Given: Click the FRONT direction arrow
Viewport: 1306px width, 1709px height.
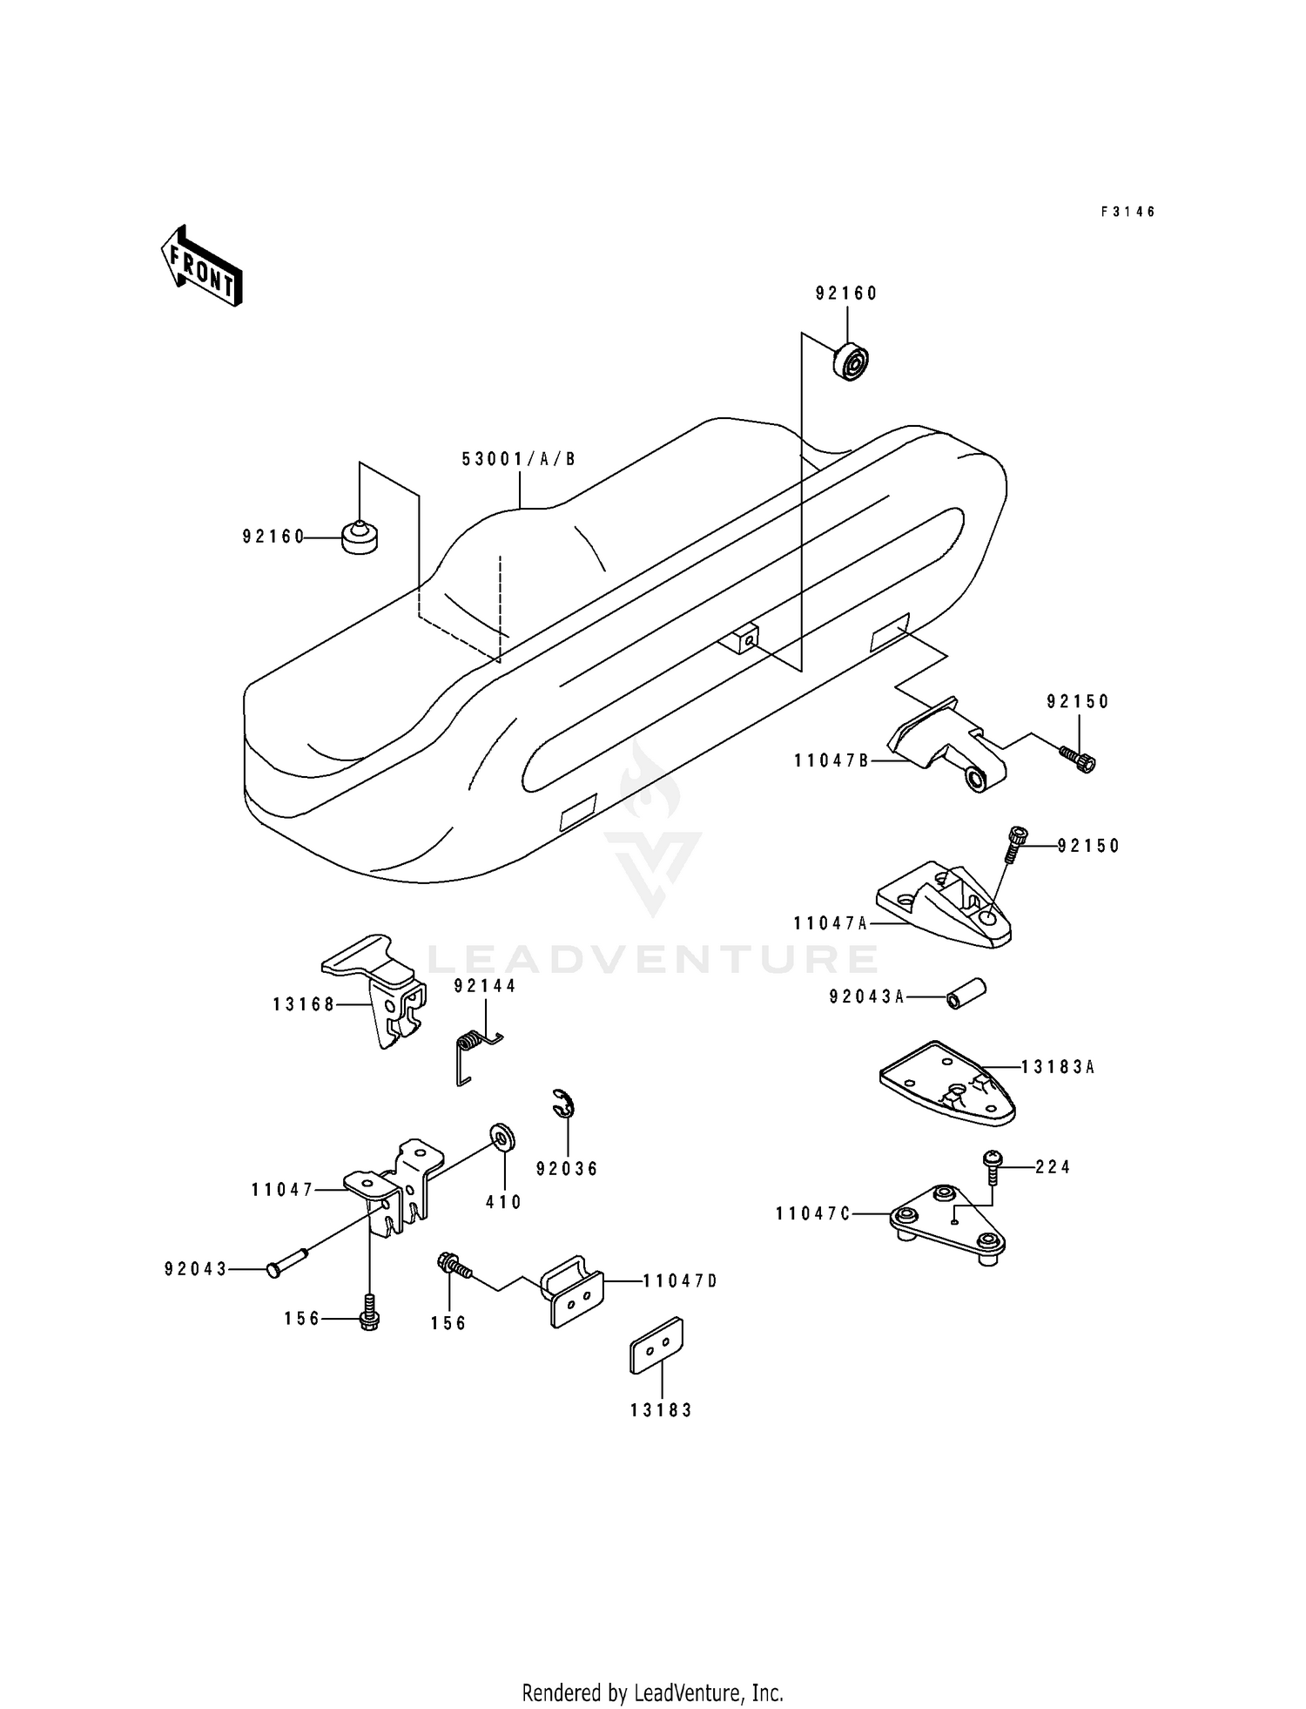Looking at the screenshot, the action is tap(201, 266).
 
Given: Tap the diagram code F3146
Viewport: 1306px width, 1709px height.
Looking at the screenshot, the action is tap(1128, 212).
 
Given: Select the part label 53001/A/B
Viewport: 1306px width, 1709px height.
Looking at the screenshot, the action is tap(519, 459).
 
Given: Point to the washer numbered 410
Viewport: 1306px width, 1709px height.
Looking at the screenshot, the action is tap(502, 1138).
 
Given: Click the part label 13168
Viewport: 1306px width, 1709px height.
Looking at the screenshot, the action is tap(304, 1004).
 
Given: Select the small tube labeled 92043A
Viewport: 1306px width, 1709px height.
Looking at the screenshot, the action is tap(966, 994).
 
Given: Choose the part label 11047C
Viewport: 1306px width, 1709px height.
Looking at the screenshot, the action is tap(813, 1213).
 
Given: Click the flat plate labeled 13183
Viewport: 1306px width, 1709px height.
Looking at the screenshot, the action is tap(656, 1345).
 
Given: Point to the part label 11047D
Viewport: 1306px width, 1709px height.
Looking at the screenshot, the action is tap(681, 1280).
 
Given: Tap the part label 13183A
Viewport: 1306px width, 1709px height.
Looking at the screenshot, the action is tap(1058, 1066).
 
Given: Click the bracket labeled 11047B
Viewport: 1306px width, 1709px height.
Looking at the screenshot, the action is tap(946, 745).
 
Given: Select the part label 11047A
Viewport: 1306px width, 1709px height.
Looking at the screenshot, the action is tap(831, 923).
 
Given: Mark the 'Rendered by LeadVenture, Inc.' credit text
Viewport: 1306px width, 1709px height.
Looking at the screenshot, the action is tap(653, 1692).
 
